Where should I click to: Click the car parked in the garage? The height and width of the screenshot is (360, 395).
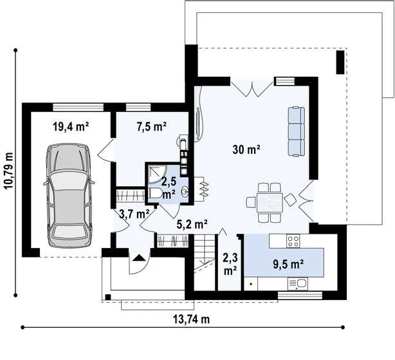tap(69, 195)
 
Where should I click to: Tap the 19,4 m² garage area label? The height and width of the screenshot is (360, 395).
tap(71, 126)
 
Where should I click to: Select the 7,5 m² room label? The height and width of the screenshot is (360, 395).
tap(152, 126)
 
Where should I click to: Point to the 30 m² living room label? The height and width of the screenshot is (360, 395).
tap(246, 149)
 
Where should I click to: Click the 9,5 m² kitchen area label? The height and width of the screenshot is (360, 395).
tap(288, 264)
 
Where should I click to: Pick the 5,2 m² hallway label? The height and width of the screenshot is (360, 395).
tap(192, 224)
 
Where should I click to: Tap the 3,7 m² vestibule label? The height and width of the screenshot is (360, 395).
tap(134, 214)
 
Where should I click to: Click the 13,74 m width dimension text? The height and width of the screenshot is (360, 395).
tap(192, 319)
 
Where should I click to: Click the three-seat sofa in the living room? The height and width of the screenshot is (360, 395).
tap(296, 132)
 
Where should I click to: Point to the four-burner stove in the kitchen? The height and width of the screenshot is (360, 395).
tap(293, 242)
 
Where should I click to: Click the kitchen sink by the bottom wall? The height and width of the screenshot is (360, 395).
tap(297, 284)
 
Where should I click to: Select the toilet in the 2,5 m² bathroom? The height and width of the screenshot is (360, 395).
tap(156, 193)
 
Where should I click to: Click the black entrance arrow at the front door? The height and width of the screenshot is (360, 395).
tap(138, 258)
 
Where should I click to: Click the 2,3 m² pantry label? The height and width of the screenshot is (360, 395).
tap(230, 265)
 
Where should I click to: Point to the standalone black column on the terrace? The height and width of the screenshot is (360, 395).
tap(340, 62)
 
